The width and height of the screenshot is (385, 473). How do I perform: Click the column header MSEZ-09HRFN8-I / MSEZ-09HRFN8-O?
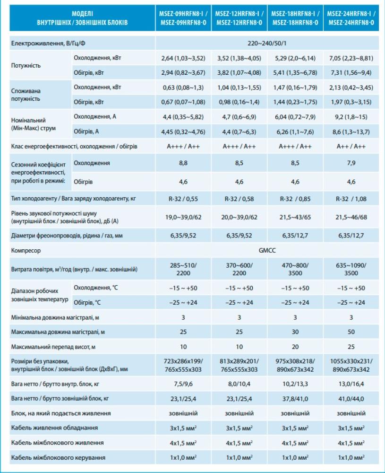tap(183, 18)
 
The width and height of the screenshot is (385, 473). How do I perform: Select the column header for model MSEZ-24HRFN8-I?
tap(351, 18)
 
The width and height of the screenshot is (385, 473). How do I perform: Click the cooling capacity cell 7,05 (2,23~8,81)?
tap(351, 59)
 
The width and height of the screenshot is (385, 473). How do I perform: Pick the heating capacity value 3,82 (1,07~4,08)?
tap(239, 72)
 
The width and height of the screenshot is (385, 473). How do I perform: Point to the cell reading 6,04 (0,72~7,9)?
tap(295, 116)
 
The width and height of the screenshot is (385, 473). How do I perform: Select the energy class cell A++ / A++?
tap(351, 147)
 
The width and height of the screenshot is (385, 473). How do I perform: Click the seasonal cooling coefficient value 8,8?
tap(183, 163)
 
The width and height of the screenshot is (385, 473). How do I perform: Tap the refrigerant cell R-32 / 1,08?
tap(351, 199)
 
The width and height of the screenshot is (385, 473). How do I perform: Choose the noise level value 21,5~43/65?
tap(295, 217)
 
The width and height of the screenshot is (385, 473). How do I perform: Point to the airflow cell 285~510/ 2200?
tap(183, 269)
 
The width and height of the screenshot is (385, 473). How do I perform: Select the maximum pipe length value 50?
tap(351, 332)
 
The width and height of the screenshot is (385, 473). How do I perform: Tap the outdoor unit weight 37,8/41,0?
tap(295, 399)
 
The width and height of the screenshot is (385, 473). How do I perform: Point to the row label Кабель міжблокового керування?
tap(58, 458)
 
